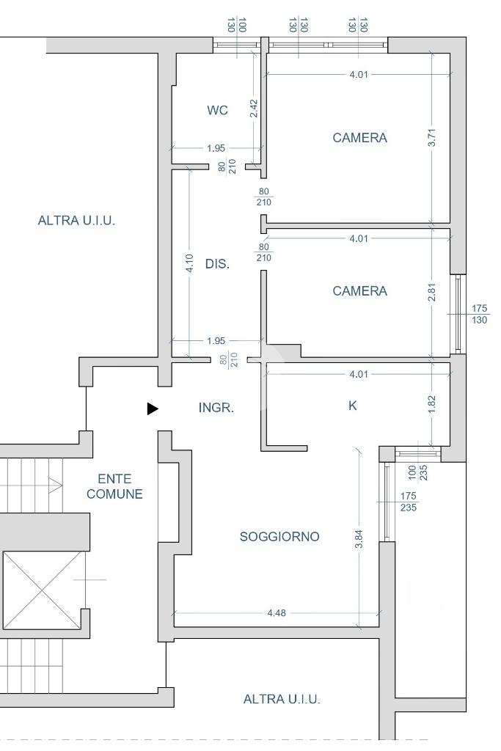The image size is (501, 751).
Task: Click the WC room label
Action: [x=217, y=110]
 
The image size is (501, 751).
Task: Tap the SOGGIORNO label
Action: [x=279, y=536]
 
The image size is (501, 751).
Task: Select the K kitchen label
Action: [x=353, y=406]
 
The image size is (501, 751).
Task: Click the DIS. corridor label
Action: [x=217, y=264]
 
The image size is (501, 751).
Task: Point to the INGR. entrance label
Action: [x=216, y=408]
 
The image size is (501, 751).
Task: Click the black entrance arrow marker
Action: [x=153, y=409]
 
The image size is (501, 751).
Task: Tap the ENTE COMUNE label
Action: [x=114, y=486]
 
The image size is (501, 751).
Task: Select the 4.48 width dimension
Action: [x=277, y=612]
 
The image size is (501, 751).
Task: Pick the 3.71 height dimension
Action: [x=432, y=137]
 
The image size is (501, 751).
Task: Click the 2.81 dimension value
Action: [x=432, y=291]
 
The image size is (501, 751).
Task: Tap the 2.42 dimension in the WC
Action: [x=254, y=109]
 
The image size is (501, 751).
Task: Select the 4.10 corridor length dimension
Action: [x=190, y=263]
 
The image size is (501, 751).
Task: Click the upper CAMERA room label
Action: [x=359, y=138]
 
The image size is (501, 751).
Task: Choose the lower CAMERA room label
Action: [x=359, y=291]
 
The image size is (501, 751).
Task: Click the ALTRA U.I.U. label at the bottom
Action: [x=282, y=699]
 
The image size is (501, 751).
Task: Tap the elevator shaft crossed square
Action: [x=43, y=590]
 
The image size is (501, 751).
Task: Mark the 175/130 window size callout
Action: [x=480, y=314]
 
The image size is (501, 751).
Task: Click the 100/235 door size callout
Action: [x=417, y=473]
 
